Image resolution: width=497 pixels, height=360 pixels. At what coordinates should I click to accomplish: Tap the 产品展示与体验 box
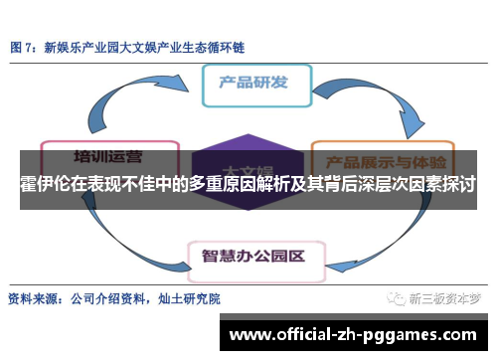tap(382, 160)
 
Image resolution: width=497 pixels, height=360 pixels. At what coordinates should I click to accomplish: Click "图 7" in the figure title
tap(24, 47)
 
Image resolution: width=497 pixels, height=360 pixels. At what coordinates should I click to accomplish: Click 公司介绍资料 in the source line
tap(108, 297)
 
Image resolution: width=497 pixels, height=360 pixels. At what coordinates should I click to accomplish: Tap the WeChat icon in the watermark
tap(397, 297)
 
